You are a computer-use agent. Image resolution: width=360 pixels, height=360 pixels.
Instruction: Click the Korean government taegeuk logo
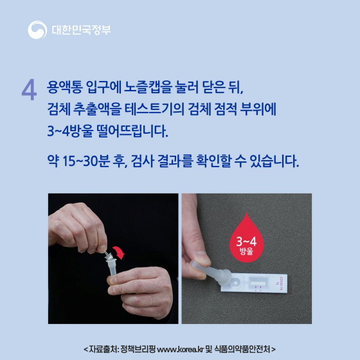tap(36, 30)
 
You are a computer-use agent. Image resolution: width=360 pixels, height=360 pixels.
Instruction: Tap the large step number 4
tap(28, 90)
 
